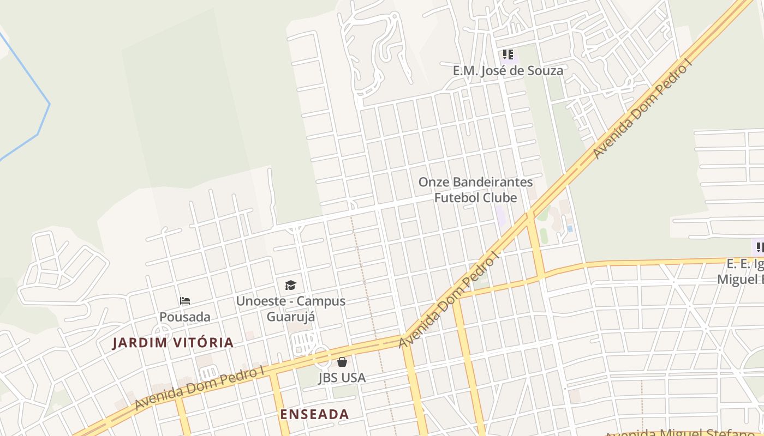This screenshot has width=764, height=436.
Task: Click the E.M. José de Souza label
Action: coord(508,71)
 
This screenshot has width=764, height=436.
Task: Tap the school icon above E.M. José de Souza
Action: coord(508,55)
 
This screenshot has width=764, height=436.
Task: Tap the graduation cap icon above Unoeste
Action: coord(290,285)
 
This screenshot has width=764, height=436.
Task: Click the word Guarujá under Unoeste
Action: coord(290,317)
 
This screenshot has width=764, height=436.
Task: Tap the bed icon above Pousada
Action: coord(185,301)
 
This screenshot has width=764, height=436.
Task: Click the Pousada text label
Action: coord(185,317)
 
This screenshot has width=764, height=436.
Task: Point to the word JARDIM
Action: coord(139,343)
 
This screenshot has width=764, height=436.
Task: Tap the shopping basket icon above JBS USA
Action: coord(342,362)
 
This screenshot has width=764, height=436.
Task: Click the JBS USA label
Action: coord(342,378)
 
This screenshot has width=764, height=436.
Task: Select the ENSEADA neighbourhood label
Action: coord(314,414)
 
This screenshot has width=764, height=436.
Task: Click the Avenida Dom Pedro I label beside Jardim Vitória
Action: coord(200,388)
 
